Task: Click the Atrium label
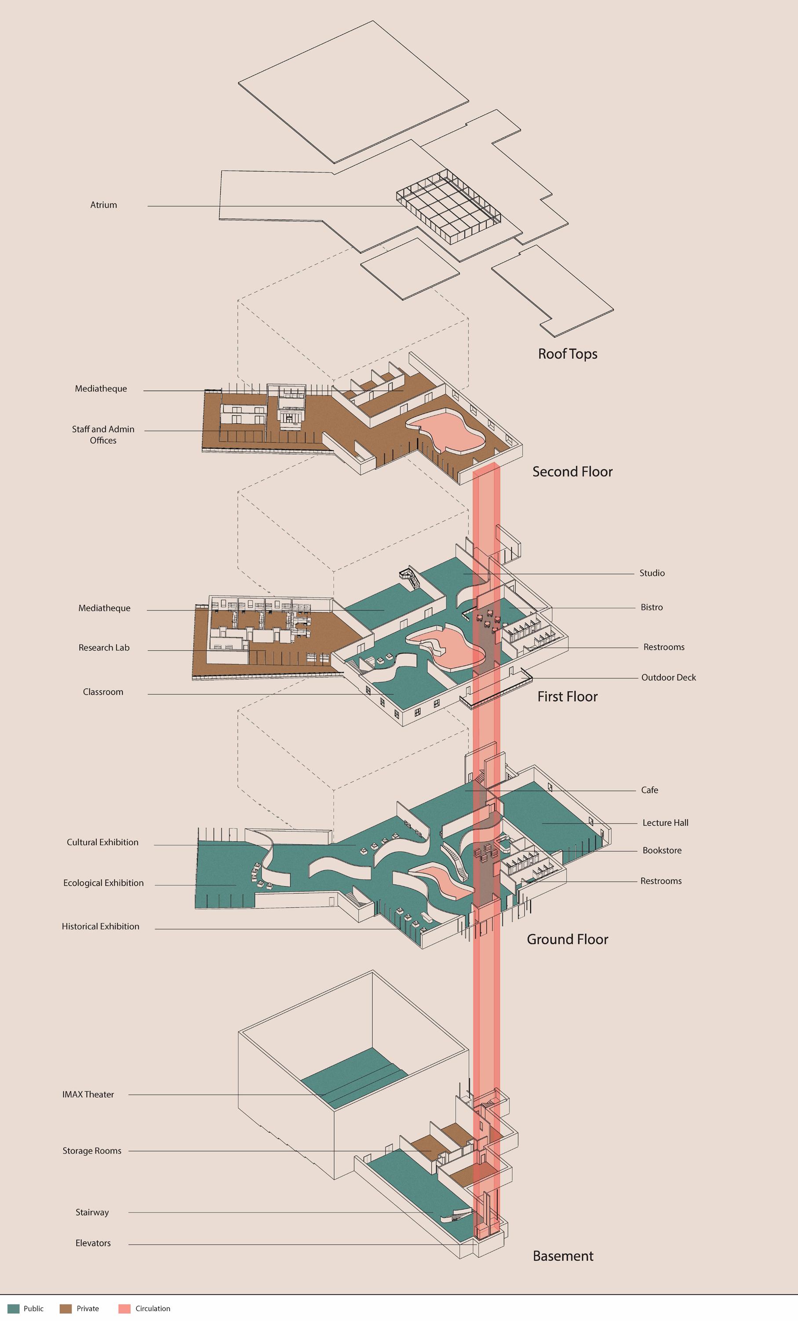tap(103, 205)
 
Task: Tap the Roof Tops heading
tap(568, 354)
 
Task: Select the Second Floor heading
tap(572, 472)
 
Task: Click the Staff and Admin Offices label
tap(103, 435)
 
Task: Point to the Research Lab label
tap(104, 648)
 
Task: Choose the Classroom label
tap(103, 692)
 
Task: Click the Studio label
tap(652, 573)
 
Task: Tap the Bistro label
tap(652, 608)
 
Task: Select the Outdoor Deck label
tap(668, 677)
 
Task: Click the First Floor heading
tap(568, 696)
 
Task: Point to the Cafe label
tap(649, 790)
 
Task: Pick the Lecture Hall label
tap(665, 823)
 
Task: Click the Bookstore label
tap(662, 850)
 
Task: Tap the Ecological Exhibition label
tap(103, 883)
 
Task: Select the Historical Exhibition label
tap(100, 926)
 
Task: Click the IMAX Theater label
tap(88, 1095)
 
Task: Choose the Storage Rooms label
tap(92, 1151)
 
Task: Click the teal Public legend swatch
tap(13, 1309)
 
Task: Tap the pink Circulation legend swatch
tap(124, 1309)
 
